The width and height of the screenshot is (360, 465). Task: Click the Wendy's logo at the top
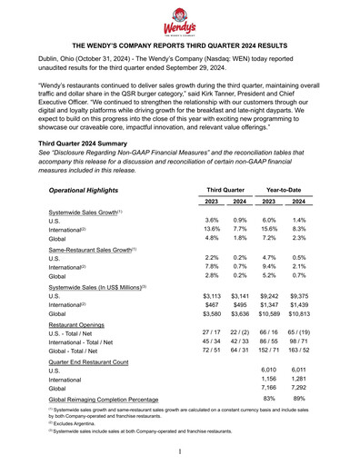point(180,19)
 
